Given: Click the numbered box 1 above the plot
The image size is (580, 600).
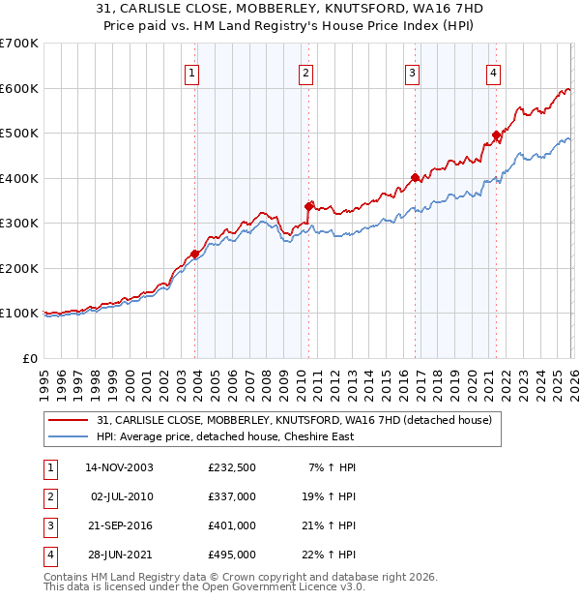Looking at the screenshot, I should (x=192, y=72).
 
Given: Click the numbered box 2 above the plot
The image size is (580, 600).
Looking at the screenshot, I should (x=305, y=72).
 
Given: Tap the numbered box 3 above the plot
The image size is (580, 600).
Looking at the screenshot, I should (x=412, y=72).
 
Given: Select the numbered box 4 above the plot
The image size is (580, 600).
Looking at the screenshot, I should (x=493, y=72).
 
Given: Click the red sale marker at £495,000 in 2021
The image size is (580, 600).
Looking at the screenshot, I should (x=496, y=135).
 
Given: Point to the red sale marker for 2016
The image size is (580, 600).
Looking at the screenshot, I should (x=416, y=178).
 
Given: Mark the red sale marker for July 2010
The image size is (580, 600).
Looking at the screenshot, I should (x=309, y=206).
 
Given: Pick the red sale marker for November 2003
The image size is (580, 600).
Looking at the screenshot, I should (x=195, y=254).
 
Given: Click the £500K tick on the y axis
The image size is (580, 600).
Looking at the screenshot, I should (x=19, y=134).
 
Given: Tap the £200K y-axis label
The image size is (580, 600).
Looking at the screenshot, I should (x=19, y=268).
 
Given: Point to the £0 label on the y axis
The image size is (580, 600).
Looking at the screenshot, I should (x=30, y=358).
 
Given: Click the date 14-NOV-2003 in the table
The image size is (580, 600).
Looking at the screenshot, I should (x=120, y=467).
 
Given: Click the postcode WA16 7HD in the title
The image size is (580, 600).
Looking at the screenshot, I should (x=430, y=8).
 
